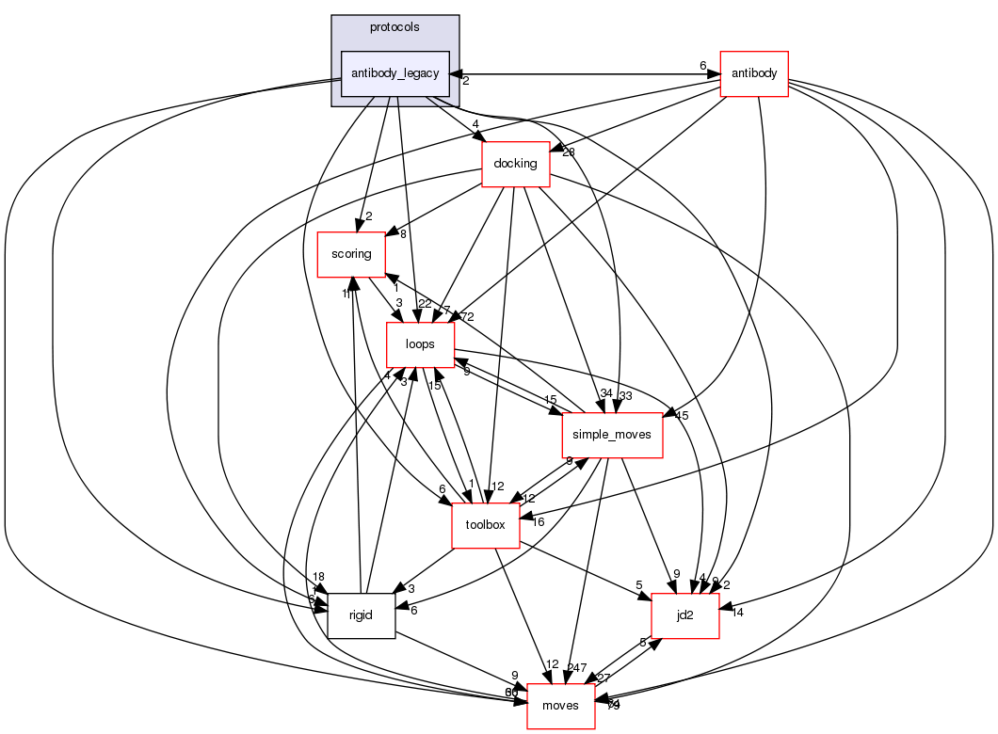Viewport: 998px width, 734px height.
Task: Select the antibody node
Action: [753, 73]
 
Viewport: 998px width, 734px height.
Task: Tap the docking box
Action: [515, 164]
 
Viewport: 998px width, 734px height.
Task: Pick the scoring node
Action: [350, 254]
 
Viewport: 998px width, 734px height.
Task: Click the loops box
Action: [420, 344]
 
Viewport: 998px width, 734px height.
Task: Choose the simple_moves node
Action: [612, 435]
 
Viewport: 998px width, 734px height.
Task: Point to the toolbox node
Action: [486, 525]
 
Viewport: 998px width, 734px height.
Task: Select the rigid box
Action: [361, 615]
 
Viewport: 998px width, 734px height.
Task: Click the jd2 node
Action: [685, 615]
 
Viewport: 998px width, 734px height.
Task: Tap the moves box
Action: [560, 706]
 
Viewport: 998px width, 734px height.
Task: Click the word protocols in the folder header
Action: [394, 27]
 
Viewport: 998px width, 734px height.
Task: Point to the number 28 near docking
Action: [568, 152]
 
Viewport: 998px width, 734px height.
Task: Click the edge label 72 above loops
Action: [467, 315]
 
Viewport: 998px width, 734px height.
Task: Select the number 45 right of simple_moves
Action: [682, 415]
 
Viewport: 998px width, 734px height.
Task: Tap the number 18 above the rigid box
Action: [319, 577]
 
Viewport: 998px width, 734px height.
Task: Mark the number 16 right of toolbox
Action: [539, 521]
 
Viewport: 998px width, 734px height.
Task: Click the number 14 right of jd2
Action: [737, 613]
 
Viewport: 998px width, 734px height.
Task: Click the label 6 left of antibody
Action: [702, 65]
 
